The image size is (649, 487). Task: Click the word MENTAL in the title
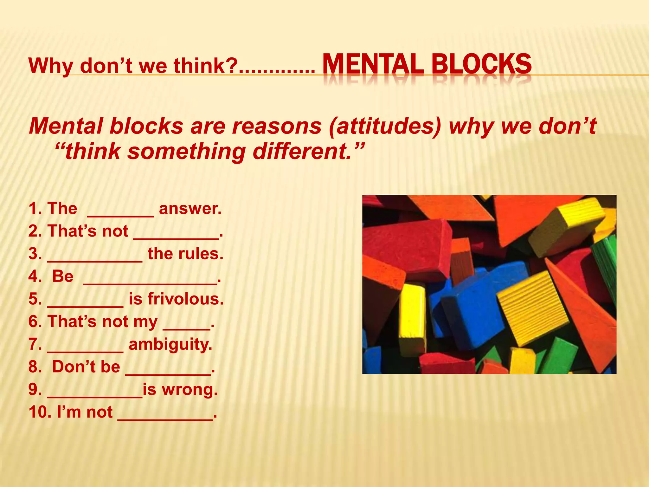click(372, 64)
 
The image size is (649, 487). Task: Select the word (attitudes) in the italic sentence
click(385, 126)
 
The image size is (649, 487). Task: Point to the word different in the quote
click(303, 151)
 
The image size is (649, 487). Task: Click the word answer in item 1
click(189, 209)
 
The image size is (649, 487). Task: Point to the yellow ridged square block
click(532, 308)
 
